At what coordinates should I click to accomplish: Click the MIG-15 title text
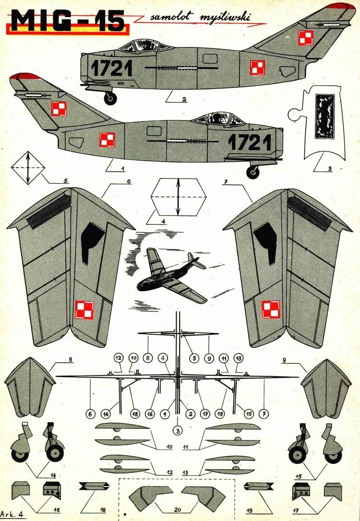click(x=67, y=22)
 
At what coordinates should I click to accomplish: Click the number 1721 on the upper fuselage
click(x=111, y=68)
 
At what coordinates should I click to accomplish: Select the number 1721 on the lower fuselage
click(x=250, y=142)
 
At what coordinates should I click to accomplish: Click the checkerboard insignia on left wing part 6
click(x=84, y=309)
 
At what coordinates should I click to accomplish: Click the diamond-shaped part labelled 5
click(x=27, y=168)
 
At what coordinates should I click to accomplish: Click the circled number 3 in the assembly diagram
click(x=178, y=430)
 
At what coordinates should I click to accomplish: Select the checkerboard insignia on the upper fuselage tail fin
click(x=305, y=37)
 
